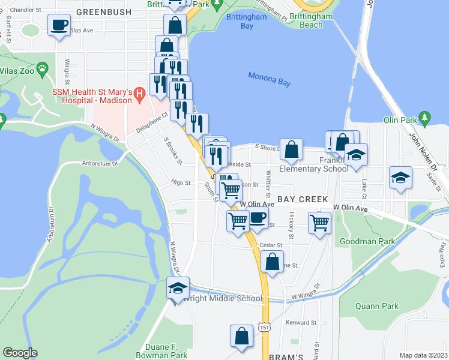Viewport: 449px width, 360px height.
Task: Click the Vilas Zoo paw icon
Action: [42, 69]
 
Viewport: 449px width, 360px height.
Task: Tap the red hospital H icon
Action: [140, 94]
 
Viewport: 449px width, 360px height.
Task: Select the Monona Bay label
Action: [269, 79]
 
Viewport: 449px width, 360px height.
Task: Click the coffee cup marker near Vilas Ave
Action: [58, 26]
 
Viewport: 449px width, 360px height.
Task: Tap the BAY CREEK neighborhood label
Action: [302, 199]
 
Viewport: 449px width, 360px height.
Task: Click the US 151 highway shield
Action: [264, 326]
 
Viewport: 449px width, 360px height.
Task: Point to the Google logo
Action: [20, 353]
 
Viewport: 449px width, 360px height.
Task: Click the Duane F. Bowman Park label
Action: [166, 351]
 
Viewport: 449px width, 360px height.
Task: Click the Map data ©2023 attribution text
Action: [423, 355]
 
